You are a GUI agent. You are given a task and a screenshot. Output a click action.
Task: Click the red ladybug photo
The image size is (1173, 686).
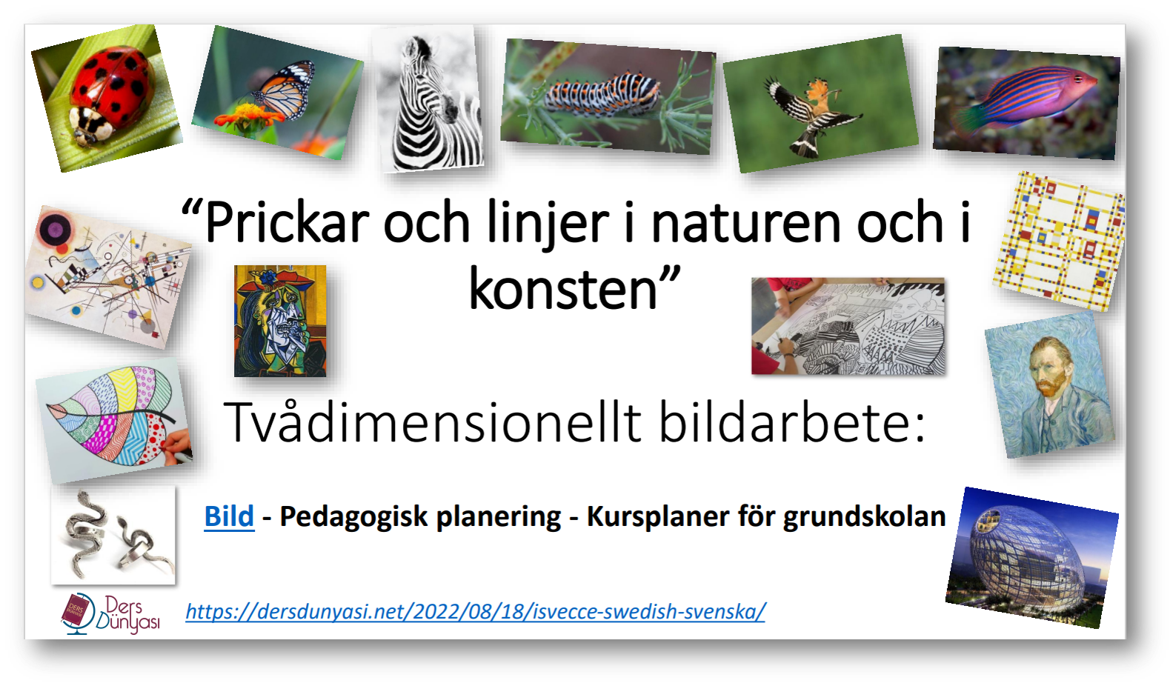tap(107, 98)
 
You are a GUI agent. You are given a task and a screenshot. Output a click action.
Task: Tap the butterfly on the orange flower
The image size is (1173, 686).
tap(278, 93)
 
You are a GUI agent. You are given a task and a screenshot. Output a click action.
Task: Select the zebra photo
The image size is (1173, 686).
tap(428, 99)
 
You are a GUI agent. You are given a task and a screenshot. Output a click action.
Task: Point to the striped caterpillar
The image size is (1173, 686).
tap(608, 97)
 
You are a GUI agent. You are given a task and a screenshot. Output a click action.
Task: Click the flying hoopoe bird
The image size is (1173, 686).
tap(820, 104)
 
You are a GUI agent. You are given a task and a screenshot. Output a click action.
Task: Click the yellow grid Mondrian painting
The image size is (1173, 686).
tap(1060, 242)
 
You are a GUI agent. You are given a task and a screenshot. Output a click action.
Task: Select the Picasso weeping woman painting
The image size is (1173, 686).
tap(280, 321)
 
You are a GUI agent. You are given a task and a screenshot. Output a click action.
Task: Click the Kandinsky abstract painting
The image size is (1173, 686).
tap(108, 277)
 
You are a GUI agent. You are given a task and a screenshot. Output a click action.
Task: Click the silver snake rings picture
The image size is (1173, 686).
tap(113, 535)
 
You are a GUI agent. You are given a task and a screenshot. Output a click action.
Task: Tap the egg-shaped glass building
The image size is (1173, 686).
tap(1031, 557)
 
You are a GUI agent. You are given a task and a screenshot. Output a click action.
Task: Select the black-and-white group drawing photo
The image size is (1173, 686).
tap(848, 326)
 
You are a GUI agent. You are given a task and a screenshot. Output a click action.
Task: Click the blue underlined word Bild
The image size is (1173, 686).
tap(230, 516)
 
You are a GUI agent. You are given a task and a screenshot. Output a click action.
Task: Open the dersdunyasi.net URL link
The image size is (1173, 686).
tap(476, 611)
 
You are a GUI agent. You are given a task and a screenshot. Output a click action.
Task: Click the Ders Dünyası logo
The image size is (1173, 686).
tap(111, 613)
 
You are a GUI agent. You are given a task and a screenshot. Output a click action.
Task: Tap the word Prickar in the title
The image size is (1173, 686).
tap(287, 224)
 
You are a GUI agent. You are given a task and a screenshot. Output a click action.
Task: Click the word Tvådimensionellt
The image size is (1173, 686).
tap(433, 422)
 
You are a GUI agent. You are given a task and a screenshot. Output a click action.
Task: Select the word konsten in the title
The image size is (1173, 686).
tap(563, 290)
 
